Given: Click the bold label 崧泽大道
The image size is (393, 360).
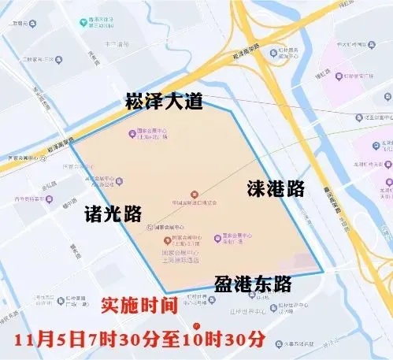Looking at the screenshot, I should pos(164,102).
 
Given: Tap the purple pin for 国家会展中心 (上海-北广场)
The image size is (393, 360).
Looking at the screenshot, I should pos(132,132).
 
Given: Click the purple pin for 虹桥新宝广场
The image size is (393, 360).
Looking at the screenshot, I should pos(343,77).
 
